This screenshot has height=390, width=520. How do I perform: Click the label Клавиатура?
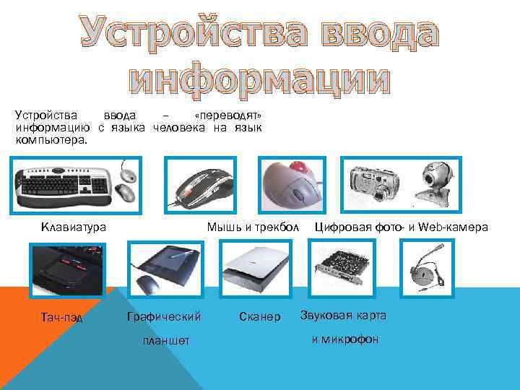click(x=74, y=227)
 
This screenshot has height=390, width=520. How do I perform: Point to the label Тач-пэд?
click(x=63, y=318)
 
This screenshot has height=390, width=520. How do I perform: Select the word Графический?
click(x=163, y=316)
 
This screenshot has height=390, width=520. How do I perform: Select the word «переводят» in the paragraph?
click(x=228, y=117)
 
